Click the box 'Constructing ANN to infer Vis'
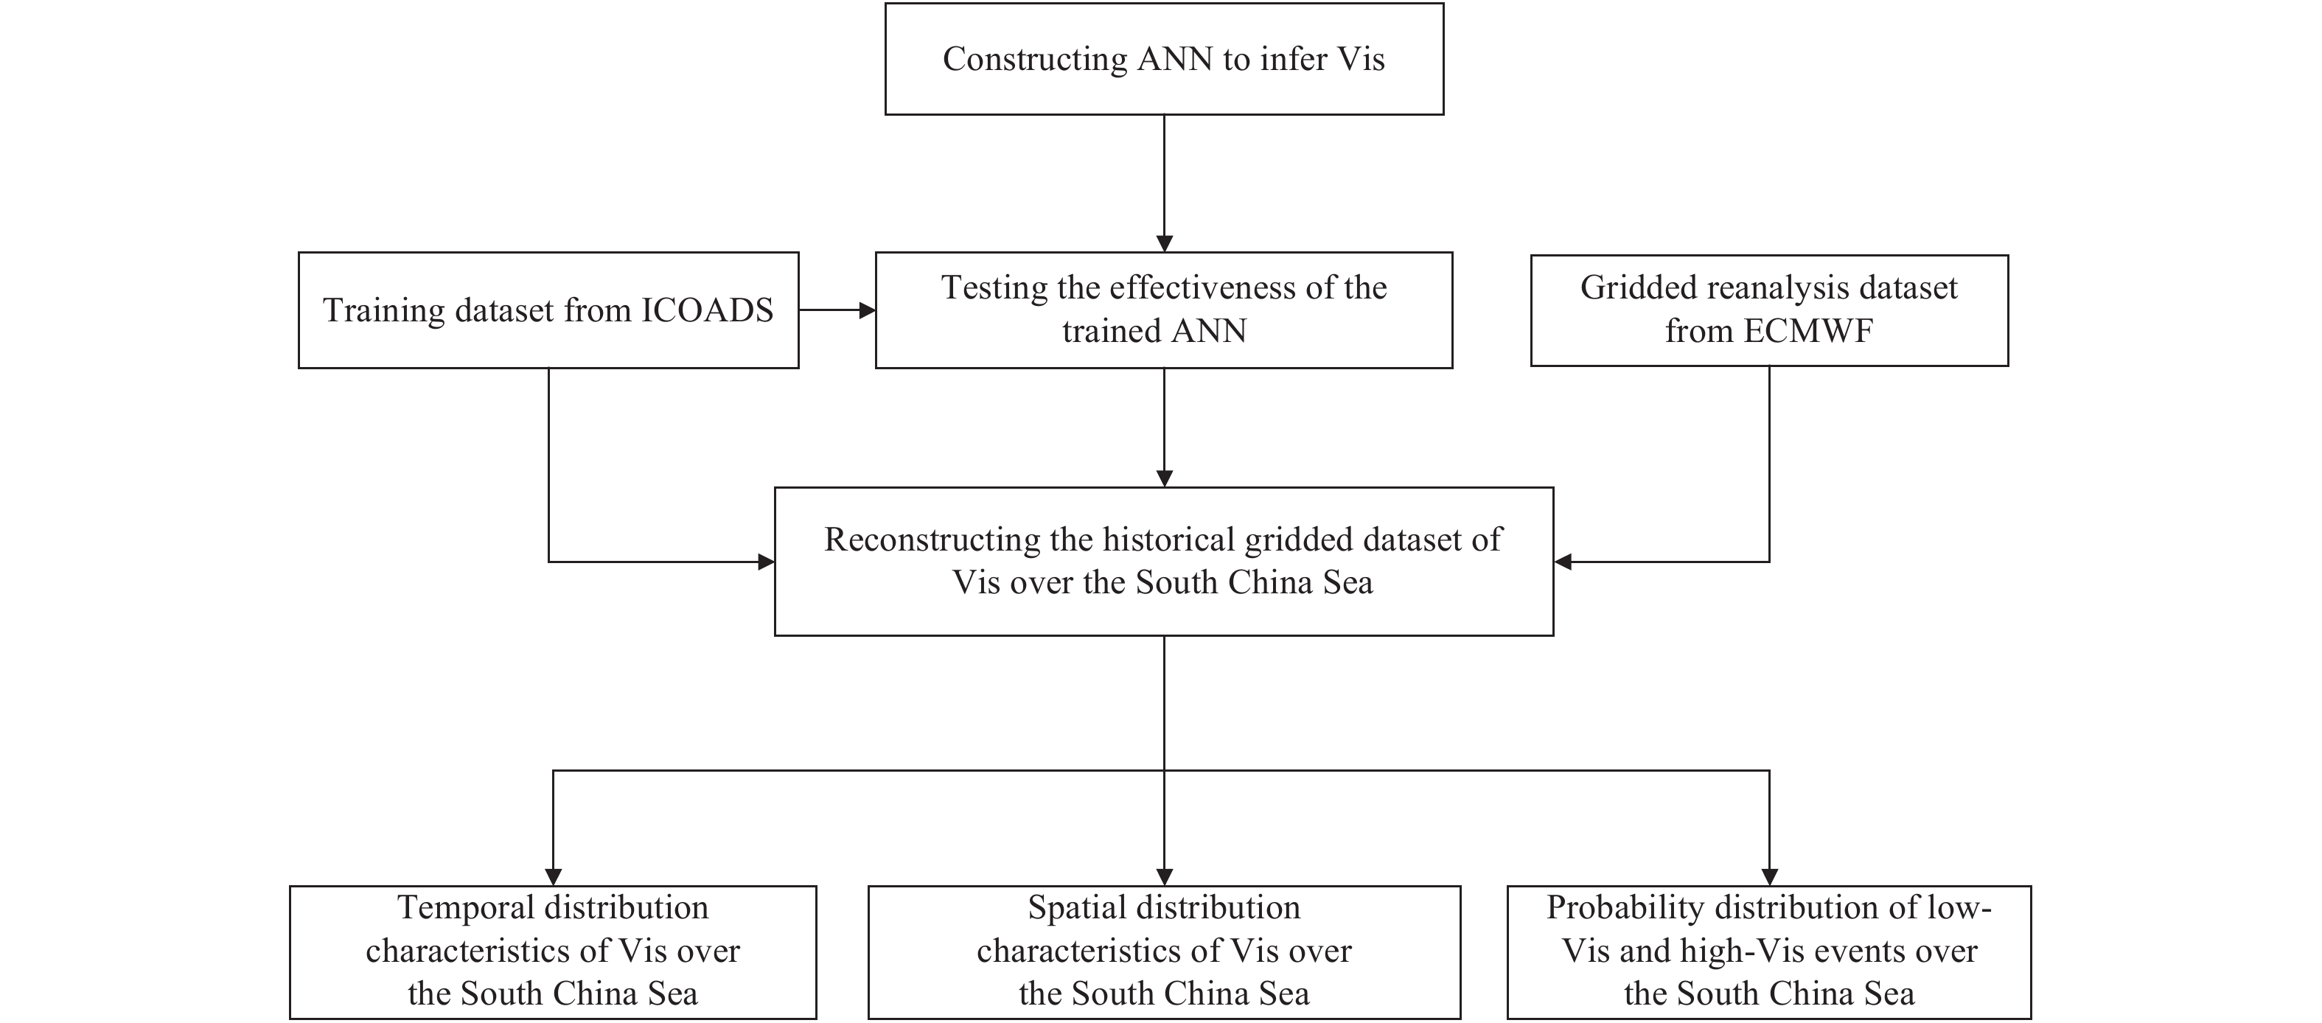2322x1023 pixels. pos(1164,58)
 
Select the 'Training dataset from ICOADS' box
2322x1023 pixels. pos(548,310)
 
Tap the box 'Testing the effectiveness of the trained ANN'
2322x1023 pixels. pos(1164,310)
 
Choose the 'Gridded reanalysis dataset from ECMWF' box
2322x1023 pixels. pos(1768,310)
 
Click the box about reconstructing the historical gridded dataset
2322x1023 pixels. pos(1164,562)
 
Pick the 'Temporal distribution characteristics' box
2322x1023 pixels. pos(553,952)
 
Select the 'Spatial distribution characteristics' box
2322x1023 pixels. pos(1164,952)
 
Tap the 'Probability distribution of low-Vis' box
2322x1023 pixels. pos(1768,952)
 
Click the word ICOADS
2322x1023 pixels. pos(707,311)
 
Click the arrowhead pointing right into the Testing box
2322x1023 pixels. pos(866,310)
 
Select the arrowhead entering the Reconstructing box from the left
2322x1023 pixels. pos(765,562)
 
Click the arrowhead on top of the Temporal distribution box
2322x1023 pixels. pos(553,876)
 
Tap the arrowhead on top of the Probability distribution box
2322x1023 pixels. pos(1768,876)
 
